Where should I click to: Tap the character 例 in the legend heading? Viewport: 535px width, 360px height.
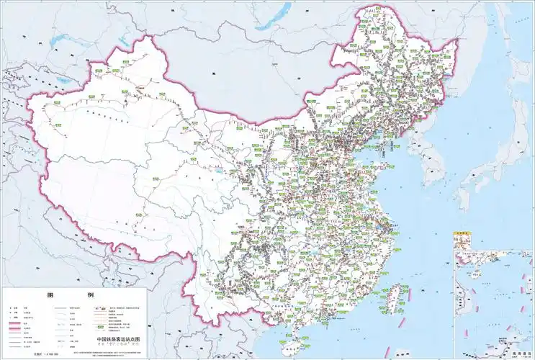[90, 296]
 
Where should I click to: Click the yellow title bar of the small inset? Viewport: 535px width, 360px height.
[461, 234]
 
